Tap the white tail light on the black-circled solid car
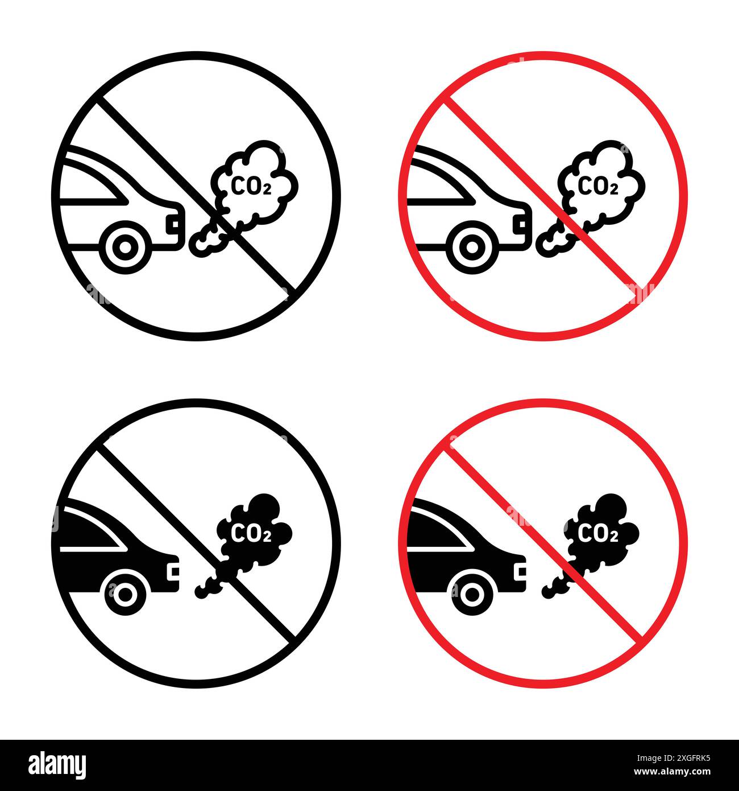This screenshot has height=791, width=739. [172, 570]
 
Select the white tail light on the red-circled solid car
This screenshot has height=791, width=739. [519, 570]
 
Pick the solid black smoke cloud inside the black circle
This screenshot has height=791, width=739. [256, 529]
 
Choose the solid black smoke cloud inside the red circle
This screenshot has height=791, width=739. [603, 529]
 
